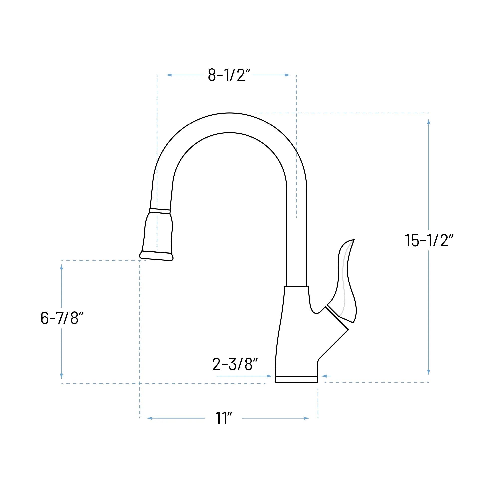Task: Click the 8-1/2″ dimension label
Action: coord(229,75)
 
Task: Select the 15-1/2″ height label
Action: coord(429,240)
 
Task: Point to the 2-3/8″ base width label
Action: coord(235,364)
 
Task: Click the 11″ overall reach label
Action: coord(223,419)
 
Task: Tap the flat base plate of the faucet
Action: coord(296,379)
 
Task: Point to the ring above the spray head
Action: coord(160,211)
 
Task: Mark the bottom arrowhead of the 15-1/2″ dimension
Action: coord(429,372)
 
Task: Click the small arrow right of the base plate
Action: coord(324,376)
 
